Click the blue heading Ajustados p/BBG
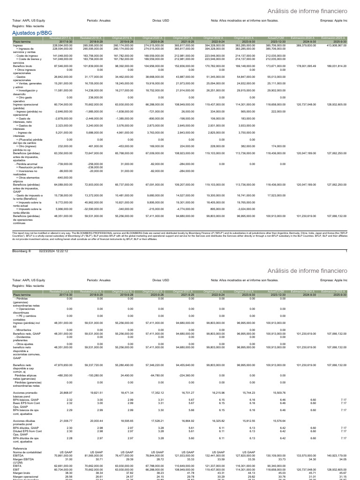pyautogui.click(x=32, y=33)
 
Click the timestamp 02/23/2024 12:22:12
pyautogui.click(x=53, y=251)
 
